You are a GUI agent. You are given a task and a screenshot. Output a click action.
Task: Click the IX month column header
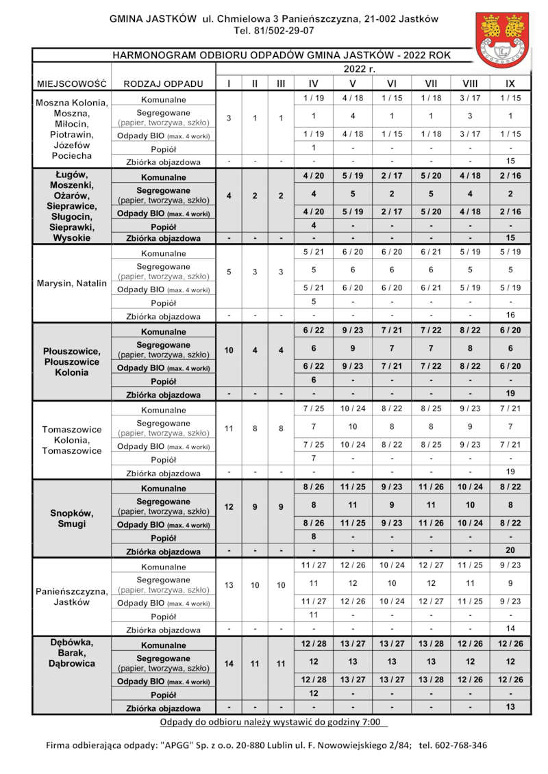[510, 83]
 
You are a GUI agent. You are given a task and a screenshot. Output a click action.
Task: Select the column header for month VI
[392, 83]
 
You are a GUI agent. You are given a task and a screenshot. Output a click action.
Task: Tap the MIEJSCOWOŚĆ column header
[71, 83]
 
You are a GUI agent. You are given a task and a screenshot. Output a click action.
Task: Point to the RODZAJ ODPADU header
[164, 83]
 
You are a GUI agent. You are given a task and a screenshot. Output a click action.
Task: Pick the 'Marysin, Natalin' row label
[71, 283]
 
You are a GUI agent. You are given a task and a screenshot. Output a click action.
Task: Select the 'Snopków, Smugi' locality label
[71, 518]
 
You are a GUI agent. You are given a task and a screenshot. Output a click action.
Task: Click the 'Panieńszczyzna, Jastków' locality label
[71, 597]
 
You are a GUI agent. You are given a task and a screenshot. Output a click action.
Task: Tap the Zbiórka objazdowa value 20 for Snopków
[510, 550]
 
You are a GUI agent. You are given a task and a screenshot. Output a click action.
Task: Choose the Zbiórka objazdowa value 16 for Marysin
[510, 315]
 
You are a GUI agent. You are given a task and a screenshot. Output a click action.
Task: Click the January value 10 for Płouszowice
[229, 350]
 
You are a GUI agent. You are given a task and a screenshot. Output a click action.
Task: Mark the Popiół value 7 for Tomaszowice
[313, 458]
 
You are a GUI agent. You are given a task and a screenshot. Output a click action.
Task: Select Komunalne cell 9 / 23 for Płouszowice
[352, 331]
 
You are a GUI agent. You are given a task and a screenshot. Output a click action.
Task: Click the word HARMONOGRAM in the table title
[151, 55]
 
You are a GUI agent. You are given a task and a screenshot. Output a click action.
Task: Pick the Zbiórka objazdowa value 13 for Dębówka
[510, 707]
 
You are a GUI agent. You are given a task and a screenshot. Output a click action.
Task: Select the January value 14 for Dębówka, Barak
[229, 663]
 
